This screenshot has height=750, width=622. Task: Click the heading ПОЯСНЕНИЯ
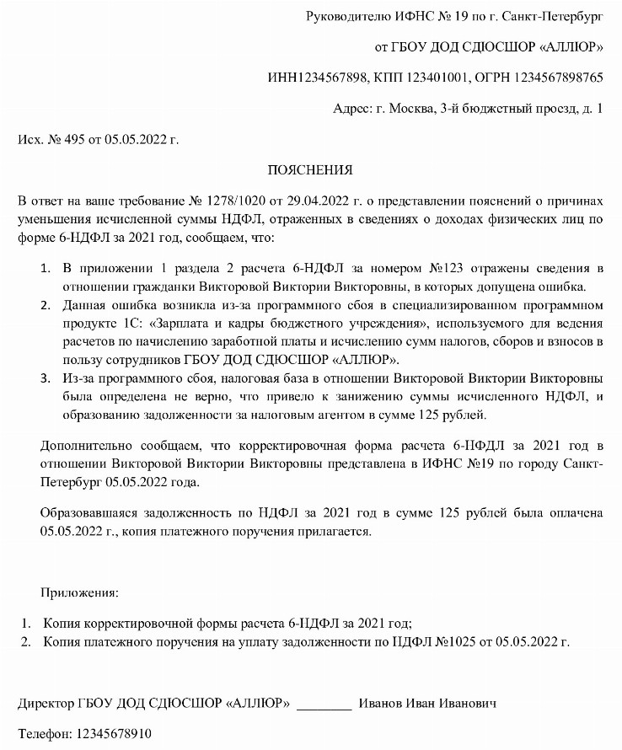tap(309, 170)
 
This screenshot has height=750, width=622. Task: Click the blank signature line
tap(324, 704)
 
